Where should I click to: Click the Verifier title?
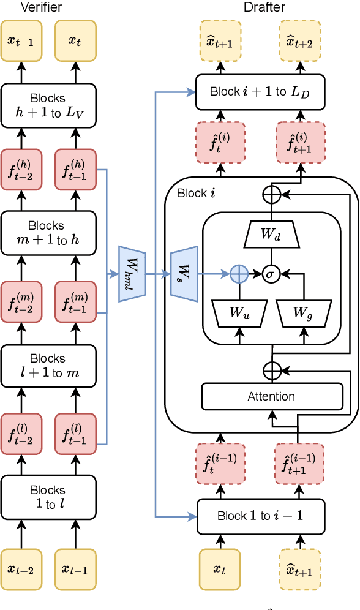point(41,7)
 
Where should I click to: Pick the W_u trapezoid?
point(239,313)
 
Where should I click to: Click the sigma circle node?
point(271,274)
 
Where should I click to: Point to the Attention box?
point(271,396)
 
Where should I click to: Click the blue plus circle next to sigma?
point(239,274)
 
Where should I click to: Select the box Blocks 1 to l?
point(48,497)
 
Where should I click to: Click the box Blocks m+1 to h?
point(48,233)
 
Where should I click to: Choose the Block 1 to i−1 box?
point(260,516)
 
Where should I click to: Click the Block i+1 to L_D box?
point(260,91)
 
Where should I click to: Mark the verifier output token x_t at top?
point(75,40)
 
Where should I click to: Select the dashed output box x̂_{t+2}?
point(300,40)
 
